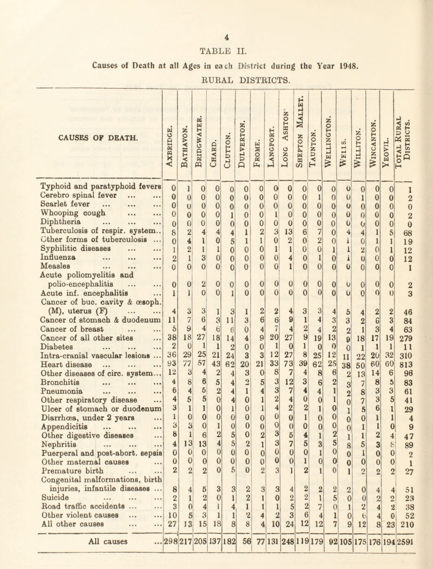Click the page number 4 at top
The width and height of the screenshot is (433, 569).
(216, 7)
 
